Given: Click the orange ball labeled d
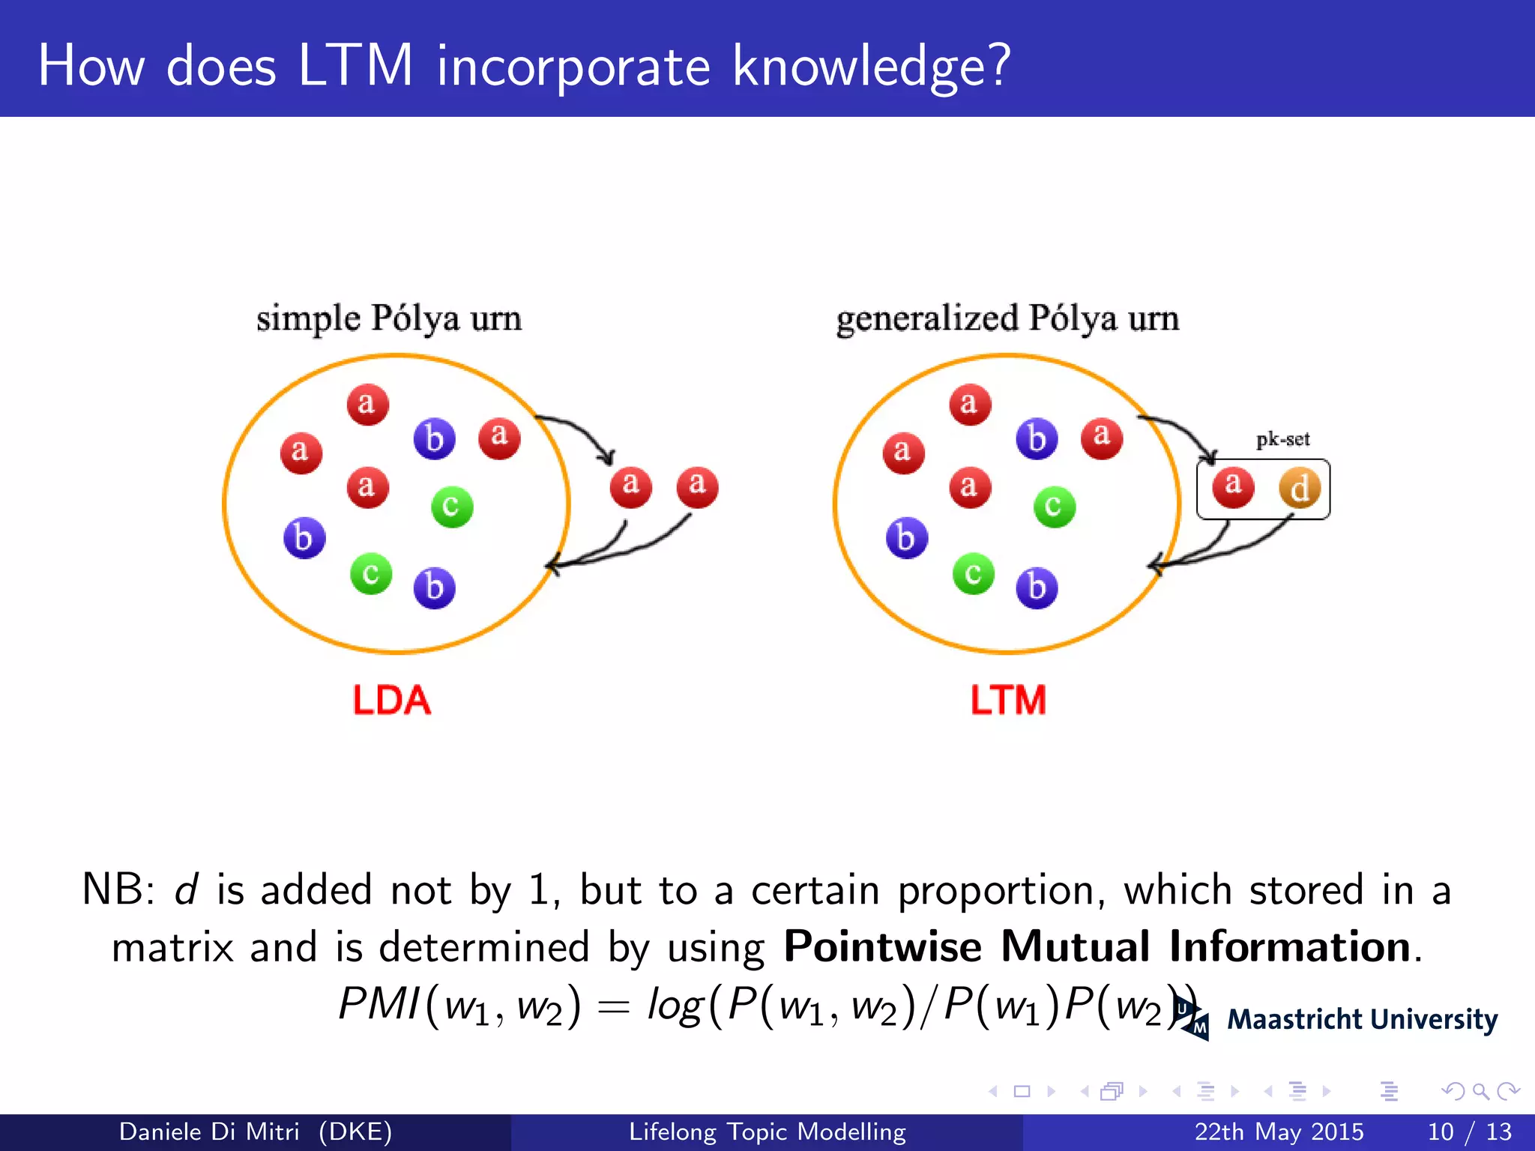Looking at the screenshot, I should click(1300, 488).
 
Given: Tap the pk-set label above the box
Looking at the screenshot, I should click(1282, 439).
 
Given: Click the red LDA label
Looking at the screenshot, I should click(391, 700).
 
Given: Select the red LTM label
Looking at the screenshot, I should click(1008, 700).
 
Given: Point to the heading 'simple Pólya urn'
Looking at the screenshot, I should click(389, 318).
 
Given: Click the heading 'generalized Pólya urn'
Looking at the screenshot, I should click(1007, 318).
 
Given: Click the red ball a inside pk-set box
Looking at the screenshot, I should click(1233, 486).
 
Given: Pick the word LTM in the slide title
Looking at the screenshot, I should click(355, 66).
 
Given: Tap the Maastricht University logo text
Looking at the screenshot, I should click(1362, 1020).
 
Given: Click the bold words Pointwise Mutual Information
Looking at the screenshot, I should click(1097, 946).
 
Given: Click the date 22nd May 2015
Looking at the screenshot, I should click(1279, 1132).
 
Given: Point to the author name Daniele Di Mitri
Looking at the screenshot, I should click(209, 1132).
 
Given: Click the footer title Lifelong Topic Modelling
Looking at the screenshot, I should click(767, 1132).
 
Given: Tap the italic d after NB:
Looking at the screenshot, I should click(186, 890).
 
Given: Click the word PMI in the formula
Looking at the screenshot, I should click(379, 1004).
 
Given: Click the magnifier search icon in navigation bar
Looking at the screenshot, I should click(1480, 1091).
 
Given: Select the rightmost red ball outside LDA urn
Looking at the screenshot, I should click(697, 486).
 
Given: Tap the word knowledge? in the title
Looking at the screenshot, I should click(871, 66).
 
